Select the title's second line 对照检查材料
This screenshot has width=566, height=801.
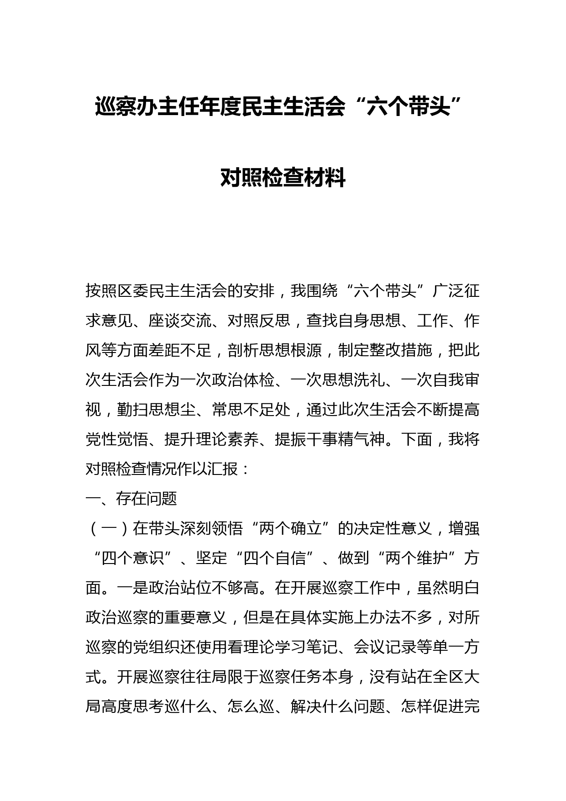[x=283, y=178]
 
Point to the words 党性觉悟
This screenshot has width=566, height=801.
[x=116, y=439]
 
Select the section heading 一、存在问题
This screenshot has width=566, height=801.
[x=131, y=499]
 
